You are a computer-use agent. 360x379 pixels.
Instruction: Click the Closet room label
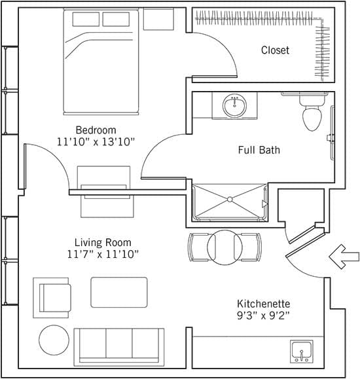coord(275,50)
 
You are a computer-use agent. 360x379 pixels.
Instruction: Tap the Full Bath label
coord(259,150)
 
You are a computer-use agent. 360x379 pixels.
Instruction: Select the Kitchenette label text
coord(264,304)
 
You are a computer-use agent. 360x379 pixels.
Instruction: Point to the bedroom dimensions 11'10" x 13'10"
coord(96,141)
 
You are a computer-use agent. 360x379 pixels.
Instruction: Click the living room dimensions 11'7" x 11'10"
coord(103,254)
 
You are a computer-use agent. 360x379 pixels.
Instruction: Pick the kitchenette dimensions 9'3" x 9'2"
coord(263,316)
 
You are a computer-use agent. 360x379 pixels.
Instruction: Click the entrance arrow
coord(344,257)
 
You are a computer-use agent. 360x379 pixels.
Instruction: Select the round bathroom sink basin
coord(234,105)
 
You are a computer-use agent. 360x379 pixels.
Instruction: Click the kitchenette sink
coord(302,352)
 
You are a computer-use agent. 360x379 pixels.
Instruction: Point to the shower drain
coord(230,200)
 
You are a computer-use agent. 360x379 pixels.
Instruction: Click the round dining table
coord(225,247)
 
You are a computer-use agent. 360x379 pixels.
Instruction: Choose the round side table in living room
coord(54,340)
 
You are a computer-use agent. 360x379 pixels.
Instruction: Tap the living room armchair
coord(52,298)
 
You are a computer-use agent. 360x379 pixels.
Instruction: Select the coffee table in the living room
coord(119,292)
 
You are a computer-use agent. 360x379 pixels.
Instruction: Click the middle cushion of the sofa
coord(119,343)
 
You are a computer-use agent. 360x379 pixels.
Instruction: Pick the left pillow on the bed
coord(86,19)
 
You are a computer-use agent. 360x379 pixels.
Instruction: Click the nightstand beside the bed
coord(158,19)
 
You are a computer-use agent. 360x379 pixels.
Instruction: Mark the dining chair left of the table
coord(199,247)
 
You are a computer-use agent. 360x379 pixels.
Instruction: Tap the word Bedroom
coord(96,130)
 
